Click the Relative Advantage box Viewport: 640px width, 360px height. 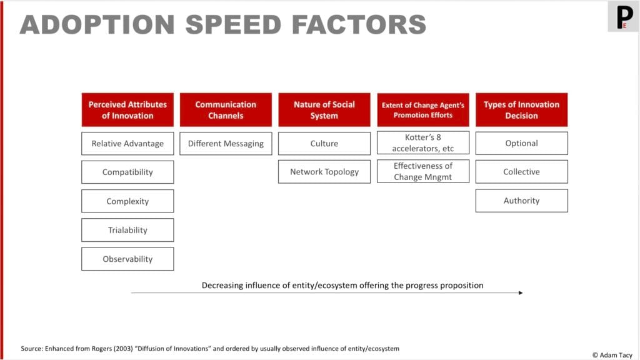127,144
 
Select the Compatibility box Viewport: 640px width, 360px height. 127,172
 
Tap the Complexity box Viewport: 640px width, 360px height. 127,201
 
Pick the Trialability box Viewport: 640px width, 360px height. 127,230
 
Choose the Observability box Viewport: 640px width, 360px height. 127,259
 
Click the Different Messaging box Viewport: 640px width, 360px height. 226,144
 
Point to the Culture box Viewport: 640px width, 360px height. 324,144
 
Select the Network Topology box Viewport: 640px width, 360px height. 324,172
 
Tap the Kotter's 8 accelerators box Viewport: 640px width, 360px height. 423,143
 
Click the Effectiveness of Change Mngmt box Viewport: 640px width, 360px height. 423,171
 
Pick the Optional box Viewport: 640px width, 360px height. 522,143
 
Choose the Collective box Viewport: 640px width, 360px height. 522,172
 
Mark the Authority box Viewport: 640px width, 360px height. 522,201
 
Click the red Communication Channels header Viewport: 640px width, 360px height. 226,110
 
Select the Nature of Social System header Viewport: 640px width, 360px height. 324,110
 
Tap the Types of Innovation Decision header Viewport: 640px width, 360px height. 522,110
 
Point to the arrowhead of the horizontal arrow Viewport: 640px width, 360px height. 521,292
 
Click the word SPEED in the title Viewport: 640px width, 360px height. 233,24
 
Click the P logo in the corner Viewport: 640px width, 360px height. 624,17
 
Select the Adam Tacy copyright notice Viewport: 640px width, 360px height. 612,355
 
